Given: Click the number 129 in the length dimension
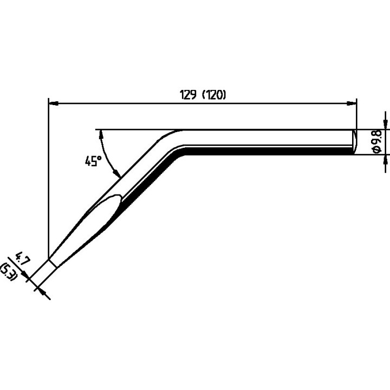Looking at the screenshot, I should point(189,94).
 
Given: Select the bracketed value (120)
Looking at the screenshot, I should point(213,94).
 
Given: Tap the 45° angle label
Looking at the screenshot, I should point(93,161).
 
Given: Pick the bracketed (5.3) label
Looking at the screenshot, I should point(10,270).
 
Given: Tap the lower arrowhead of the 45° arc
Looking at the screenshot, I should point(116,174).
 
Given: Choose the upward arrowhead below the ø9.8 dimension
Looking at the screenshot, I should point(385,159).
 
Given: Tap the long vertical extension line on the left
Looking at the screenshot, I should point(48,179).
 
